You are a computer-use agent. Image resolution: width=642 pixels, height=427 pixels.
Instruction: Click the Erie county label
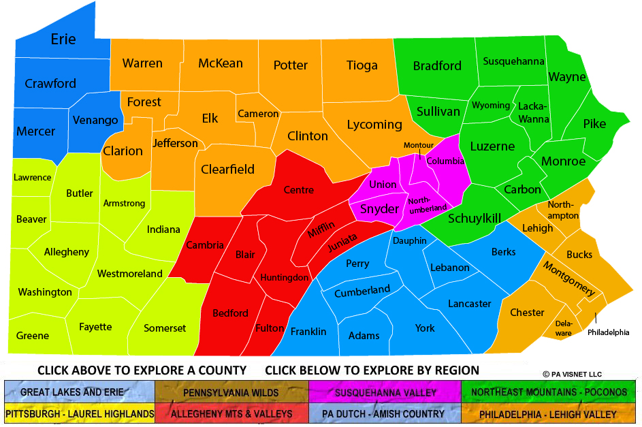pos(63,39)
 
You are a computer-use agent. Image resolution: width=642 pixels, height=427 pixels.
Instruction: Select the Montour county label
pos(418,145)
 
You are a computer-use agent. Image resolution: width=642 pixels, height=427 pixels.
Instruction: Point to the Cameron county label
pos(259,114)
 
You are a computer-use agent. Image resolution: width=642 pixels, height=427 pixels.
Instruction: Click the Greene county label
pos(33,335)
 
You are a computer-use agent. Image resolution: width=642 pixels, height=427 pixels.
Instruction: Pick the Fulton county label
pos(270,328)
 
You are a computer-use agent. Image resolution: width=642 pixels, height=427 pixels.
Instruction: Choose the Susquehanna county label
pos(513,61)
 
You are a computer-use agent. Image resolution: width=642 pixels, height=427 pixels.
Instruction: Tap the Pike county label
pos(594,124)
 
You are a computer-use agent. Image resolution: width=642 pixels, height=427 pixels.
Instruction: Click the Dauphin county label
pos(410,240)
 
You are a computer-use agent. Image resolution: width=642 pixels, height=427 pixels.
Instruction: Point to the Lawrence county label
pos(32,177)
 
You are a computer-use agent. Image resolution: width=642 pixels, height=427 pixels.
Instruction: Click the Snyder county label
pos(379,209)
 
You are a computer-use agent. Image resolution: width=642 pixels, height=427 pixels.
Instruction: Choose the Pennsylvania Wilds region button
pos(231,392)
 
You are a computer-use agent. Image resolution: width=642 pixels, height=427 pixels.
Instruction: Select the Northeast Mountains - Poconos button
pos(549,392)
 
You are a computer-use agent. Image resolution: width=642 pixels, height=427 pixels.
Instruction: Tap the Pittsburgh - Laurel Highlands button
pos(79,413)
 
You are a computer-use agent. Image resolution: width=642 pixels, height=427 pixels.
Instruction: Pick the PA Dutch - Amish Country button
pos(384,413)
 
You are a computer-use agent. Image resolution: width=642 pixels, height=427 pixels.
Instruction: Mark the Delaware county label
pos(563,328)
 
